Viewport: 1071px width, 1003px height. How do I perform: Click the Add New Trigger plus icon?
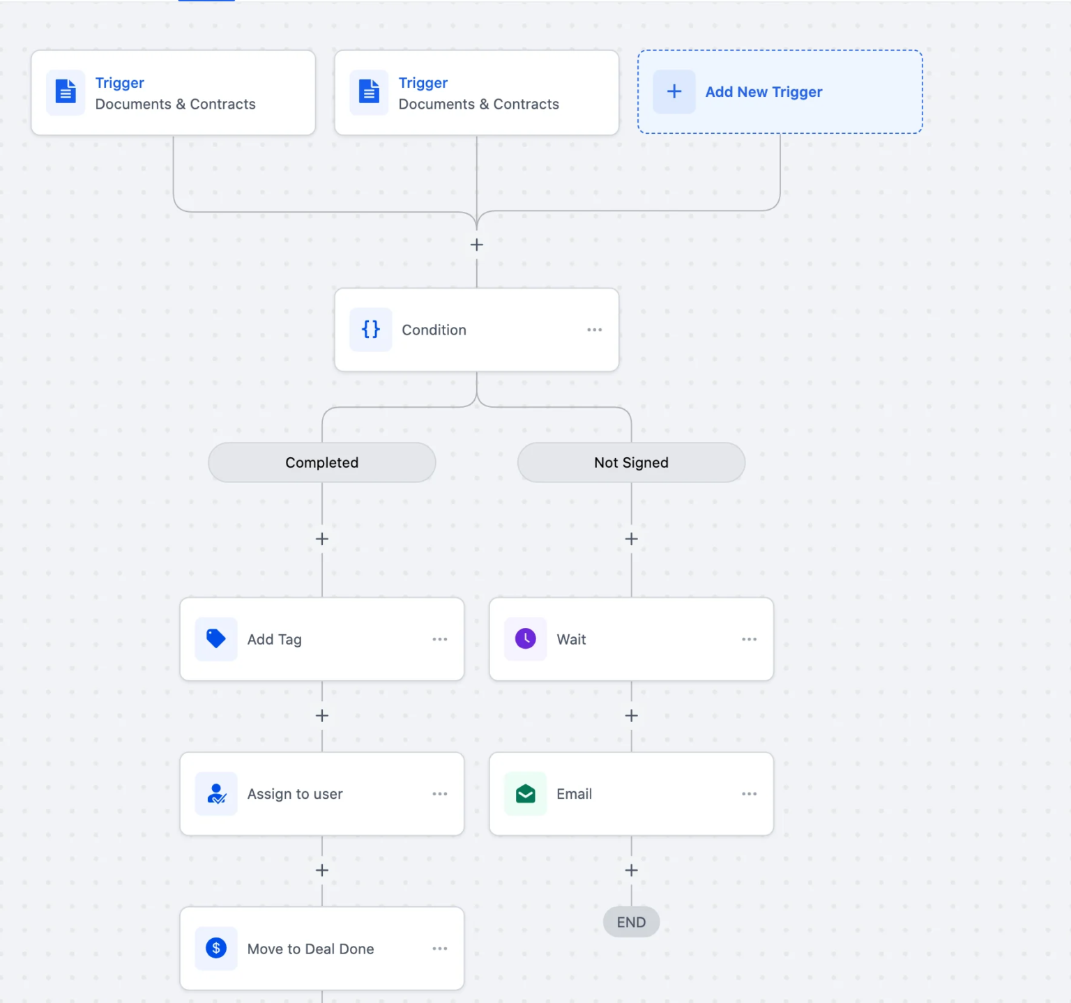tap(674, 91)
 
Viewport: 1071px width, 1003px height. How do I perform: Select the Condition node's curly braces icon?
tap(370, 329)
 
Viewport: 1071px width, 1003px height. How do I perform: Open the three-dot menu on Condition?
tap(594, 330)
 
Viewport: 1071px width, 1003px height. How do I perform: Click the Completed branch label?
tap(321, 462)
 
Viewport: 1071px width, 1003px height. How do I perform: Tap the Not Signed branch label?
tap(631, 462)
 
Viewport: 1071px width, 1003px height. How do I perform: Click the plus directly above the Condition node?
tap(476, 245)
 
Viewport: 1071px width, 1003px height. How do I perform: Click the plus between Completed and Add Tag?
tap(321, 539)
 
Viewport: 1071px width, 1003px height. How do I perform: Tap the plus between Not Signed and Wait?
tap(631, 539)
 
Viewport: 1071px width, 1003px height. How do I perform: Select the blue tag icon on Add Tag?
tap(216, 638)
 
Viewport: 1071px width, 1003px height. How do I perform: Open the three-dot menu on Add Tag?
tap(439, 639)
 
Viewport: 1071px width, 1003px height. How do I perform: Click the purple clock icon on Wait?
tap(525, 638)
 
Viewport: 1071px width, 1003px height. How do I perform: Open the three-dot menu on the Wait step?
tap(749, 639)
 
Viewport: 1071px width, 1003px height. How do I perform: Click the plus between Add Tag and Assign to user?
tap(321, 716)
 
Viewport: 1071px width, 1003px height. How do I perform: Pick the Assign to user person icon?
tap(216, 793)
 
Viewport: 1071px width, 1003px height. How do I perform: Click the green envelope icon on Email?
tap(525, 793)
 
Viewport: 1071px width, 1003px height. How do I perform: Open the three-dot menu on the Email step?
tap(749, 794)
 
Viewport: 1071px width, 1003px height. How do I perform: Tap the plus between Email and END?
tap(631, 871)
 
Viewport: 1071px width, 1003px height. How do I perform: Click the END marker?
tap(631, 922)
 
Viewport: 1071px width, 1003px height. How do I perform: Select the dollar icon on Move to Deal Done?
tap(216, 948)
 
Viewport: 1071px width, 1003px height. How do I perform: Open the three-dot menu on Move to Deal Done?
tap(439, 949)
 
